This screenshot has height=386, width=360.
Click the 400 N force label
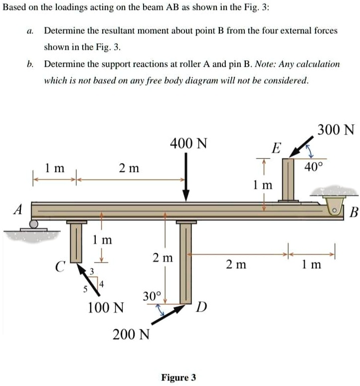point(188,144)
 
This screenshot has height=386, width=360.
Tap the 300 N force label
point(336,130)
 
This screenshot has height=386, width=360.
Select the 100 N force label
point(106,307)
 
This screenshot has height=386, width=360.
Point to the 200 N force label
point(131,334)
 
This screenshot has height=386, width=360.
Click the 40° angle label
point(314,167)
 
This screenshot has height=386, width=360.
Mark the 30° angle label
point(152,296)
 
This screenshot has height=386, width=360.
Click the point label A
point(17,210)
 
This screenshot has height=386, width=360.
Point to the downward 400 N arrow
point(186,177)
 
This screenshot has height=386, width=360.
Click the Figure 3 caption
point(179,377)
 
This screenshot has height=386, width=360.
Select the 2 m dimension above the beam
point(129,169)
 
